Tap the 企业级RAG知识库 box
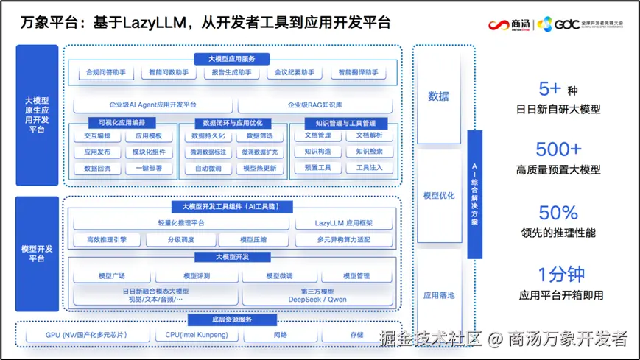coord(316,105)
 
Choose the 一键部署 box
coord(149,168)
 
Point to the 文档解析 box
coord(369,136)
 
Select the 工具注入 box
coord(369,168)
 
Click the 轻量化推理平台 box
coord(181,223)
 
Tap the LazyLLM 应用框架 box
coord(344,223)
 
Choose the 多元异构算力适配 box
coord(344,240)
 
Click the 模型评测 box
coord(197,276)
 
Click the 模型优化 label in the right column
coord(439,196)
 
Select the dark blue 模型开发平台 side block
coord(37,254)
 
